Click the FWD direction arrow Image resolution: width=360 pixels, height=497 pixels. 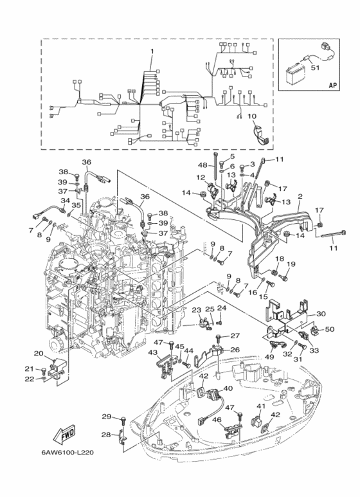64,435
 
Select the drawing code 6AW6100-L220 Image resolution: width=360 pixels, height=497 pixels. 67,452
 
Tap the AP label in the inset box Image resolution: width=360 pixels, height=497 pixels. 332,85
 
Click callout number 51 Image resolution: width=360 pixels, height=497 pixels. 315,68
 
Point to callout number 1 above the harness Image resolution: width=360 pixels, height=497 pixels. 152,51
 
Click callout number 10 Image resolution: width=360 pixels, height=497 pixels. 251,116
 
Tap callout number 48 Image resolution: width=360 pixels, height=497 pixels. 203,165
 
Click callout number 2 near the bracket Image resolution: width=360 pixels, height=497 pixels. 300,197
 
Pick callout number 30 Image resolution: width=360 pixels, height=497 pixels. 321,314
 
